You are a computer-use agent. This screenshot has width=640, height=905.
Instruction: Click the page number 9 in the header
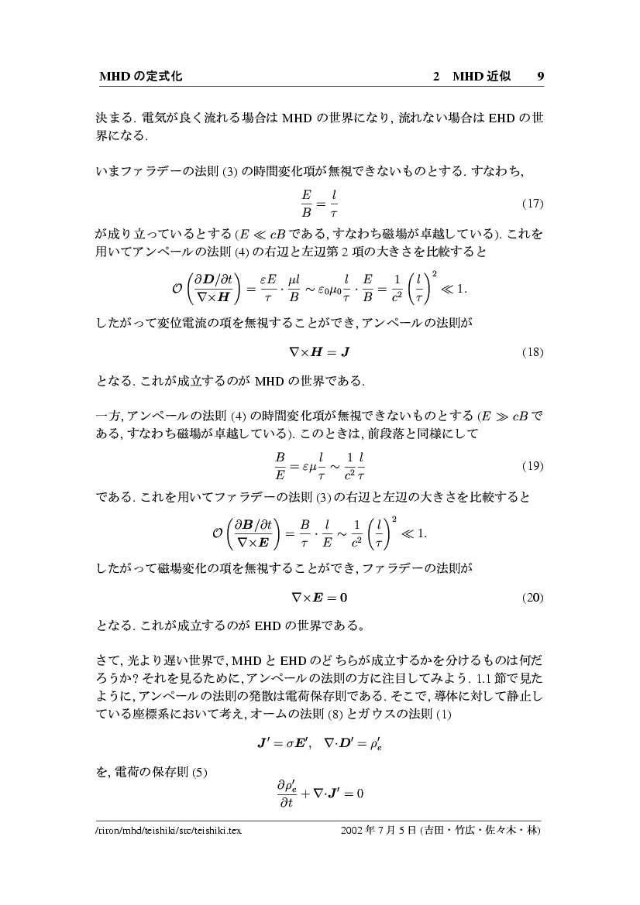[540, 77]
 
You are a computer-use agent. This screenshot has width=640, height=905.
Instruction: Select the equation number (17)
[532, 204]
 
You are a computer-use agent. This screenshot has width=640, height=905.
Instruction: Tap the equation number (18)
[532, 352]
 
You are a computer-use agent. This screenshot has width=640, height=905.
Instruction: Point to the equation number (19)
[532, 466]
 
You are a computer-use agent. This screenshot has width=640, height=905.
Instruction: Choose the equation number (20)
[532, 598]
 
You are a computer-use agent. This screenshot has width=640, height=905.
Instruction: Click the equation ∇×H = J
[319, 352]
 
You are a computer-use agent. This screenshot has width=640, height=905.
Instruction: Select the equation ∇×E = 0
[319, 598]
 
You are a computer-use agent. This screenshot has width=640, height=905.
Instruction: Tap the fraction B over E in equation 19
[280, 466]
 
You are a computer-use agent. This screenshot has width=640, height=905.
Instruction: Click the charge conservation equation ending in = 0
[320, 794]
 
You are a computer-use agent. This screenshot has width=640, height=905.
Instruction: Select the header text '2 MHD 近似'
[471, 77]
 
